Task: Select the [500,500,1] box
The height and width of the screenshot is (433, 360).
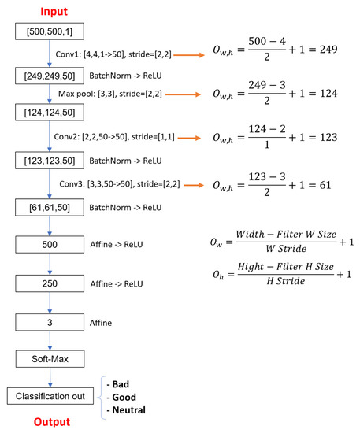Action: (50, 32)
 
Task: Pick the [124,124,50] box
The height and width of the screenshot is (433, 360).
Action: (50, 117)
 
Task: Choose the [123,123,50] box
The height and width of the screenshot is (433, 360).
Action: (50, 161)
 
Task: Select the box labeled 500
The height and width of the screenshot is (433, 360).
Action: (50, 245)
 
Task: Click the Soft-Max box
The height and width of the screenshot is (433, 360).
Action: (50, 358)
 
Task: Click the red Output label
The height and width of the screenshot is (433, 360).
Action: (49, 423)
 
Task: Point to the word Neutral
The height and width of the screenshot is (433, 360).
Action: (129, 409)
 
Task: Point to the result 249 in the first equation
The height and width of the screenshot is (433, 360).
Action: (326, 49)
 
